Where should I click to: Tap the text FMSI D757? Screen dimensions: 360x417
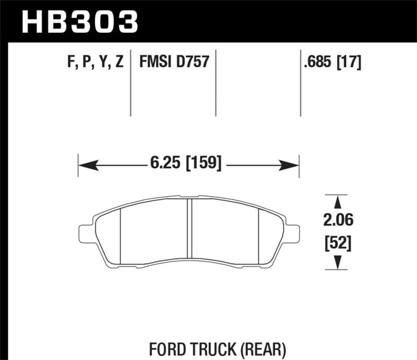tap(174, 63)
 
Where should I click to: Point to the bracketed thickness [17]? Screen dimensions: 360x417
tap(349, 63)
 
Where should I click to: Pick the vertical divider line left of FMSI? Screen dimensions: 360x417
tap(130, 83)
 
